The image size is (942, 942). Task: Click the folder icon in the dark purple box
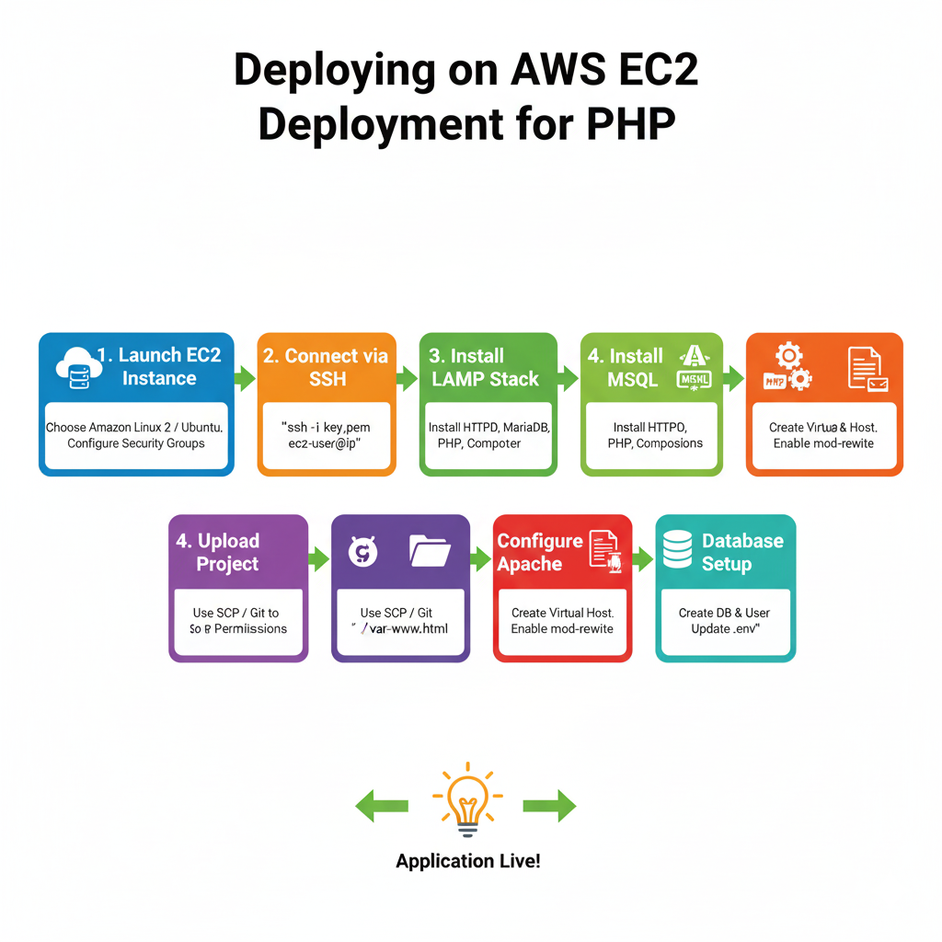[430, 550]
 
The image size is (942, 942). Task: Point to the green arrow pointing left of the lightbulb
[382, 807]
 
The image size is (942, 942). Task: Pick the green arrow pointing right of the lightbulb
[549, 807]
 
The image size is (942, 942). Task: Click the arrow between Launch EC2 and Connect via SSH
[245, 378]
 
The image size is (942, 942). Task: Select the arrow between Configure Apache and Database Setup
[643, 558]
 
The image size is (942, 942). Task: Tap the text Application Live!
[467, 862]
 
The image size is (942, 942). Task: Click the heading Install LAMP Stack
[484, 367]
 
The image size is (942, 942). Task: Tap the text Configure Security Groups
[136, 443]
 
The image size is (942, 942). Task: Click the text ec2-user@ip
[327, 443]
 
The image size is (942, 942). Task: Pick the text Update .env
[726, 629]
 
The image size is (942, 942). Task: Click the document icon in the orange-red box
[864, 366]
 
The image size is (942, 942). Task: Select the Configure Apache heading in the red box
[540, 552]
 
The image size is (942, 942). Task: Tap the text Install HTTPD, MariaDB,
[488, 428]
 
